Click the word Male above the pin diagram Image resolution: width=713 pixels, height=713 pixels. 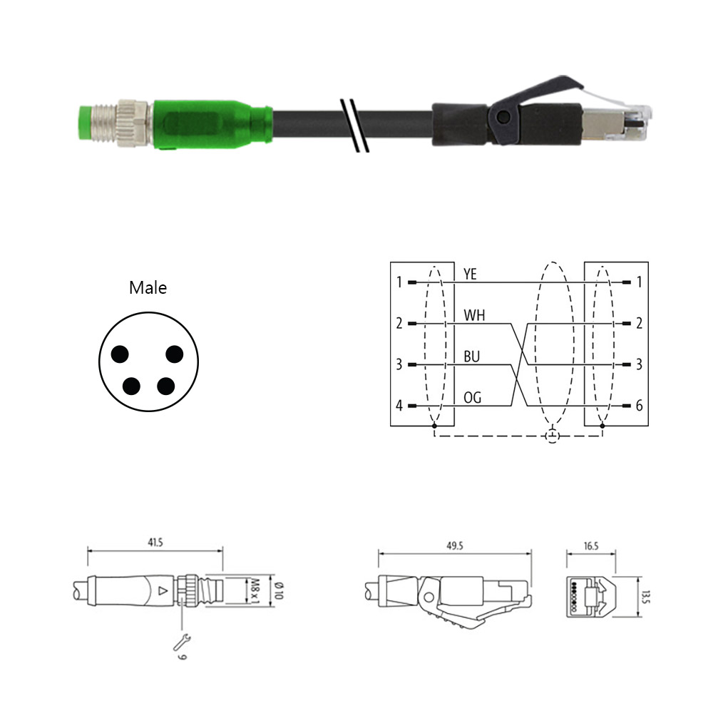click(148, 287)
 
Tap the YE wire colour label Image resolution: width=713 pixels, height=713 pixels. click(470, 275)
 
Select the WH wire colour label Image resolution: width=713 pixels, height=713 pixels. click(474, 315)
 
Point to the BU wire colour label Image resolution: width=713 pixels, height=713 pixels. click(471, 356)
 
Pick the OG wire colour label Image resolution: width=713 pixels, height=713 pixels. click(472, 398)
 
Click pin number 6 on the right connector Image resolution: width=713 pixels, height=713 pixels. click(639, 405)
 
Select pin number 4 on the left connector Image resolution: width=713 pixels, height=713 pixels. click(399, 405)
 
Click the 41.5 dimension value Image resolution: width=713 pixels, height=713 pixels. click(155, 542)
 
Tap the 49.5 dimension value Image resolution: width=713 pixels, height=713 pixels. click(455, 545)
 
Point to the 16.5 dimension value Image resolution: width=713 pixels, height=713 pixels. click(591, 545)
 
